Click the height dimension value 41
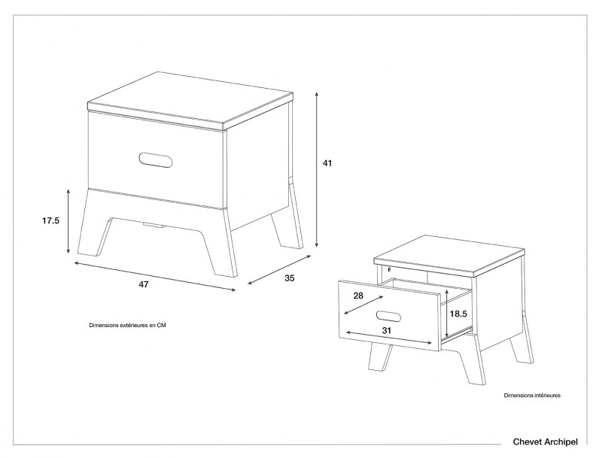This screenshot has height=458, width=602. coord(327,162)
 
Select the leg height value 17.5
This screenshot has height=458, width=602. coord(50,220)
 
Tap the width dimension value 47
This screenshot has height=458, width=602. coord(143,284)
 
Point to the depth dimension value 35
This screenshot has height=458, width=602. coord(290,278)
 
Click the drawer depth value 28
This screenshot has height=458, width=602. coord(357,296)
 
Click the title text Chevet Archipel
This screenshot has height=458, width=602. coord(545,442)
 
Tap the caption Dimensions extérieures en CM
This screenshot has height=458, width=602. coord(127,326)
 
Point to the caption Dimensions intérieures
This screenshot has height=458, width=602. coord(532,394)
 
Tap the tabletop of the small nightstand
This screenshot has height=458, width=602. coord(448,253)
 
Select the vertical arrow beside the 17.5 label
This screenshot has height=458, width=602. coord(69,221)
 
